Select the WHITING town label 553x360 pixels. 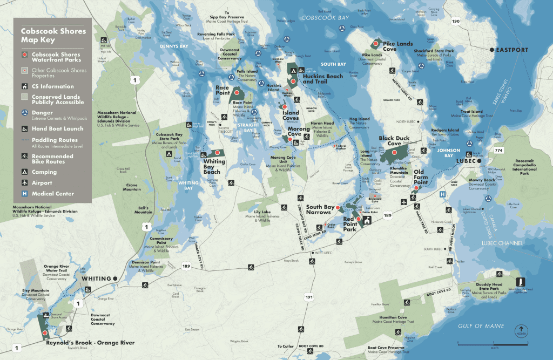[x=96, y=279]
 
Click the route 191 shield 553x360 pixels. [x=308, y=297]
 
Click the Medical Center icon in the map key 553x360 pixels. [x=25, y=194]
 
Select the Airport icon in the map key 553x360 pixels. [x=25, y=183]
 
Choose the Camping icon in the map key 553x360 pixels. [x=25, y=172]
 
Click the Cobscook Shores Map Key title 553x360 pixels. [x=53, y=36]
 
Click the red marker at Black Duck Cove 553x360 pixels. [x=400, y=152]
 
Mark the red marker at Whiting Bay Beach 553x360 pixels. [x=218, y=153]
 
